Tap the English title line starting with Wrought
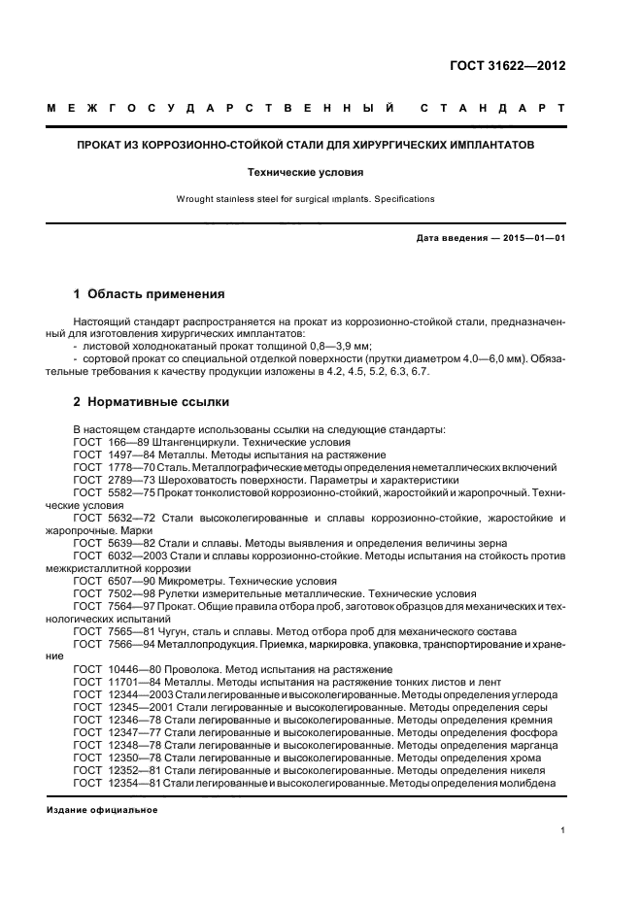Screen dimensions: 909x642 [x=305, y=199]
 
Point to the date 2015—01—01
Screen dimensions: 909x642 [x=530, y=238]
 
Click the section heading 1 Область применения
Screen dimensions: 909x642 [x=150, y=293]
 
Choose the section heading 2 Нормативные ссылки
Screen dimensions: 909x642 [x=152, y=402]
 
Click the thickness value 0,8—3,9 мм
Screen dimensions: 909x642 [x=338, y=346]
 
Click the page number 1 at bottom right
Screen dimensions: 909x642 [x=562, y=831]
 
